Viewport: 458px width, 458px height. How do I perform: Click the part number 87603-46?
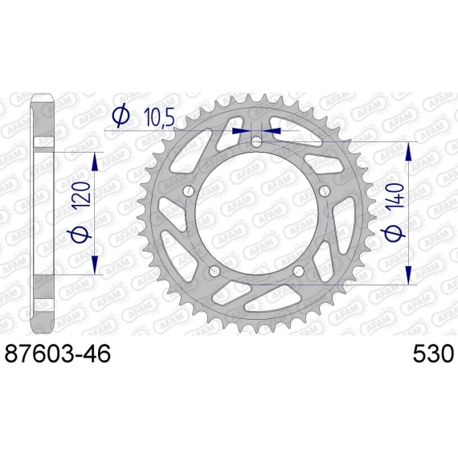58,353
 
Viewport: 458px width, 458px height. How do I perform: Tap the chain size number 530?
433,353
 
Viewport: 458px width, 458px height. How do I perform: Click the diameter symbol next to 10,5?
121,115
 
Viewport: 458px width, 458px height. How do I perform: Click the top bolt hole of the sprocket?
256,142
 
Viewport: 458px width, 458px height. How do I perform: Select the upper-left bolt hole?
188,191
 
